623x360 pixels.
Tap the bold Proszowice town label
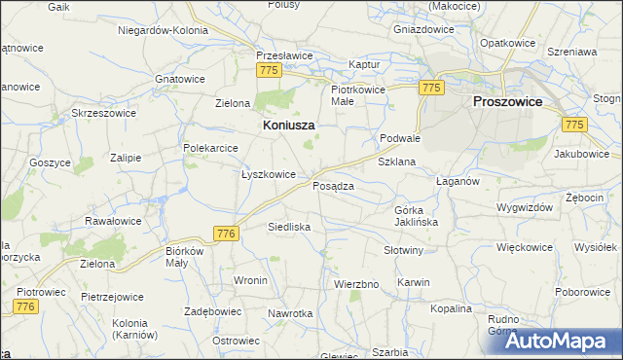507,101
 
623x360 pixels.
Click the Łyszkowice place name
269,174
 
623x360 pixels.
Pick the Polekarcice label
211,147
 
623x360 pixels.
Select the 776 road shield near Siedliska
226,234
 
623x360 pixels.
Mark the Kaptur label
363,66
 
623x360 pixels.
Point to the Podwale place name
400,138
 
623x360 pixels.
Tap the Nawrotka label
291,313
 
